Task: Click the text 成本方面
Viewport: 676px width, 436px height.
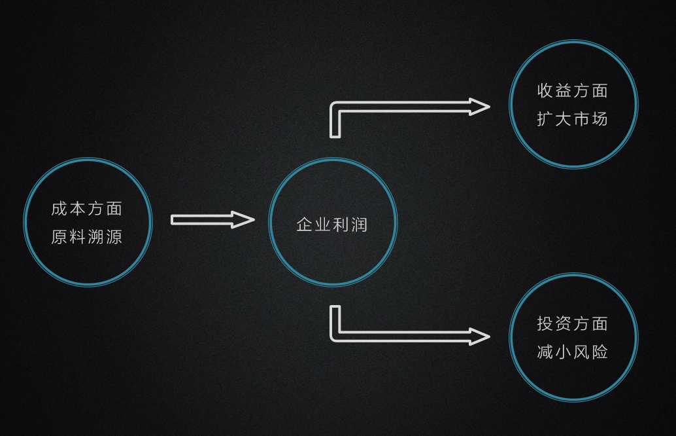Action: [87, 209]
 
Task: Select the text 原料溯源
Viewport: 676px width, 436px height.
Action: [87, 237]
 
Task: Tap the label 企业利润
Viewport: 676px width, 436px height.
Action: [332, 225]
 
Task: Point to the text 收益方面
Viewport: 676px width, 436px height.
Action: [573, 90]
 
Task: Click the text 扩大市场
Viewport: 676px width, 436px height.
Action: [573, 119]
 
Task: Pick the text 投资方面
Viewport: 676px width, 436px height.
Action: [573, 323]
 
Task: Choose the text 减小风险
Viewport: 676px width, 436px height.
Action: [573, 352]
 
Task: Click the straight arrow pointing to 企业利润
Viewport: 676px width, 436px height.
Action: [209, 220]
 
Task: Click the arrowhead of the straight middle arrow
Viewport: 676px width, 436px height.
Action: [243, 220]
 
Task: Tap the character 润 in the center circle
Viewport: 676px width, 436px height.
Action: [360, 225]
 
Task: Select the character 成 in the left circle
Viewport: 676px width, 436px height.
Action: [59, 209]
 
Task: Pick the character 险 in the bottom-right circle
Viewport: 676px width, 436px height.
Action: [600, 352]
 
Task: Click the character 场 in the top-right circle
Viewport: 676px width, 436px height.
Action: [600, 119]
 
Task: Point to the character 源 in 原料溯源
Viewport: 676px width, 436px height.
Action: [114, 237]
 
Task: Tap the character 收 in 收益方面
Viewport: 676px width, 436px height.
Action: [545, 90]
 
